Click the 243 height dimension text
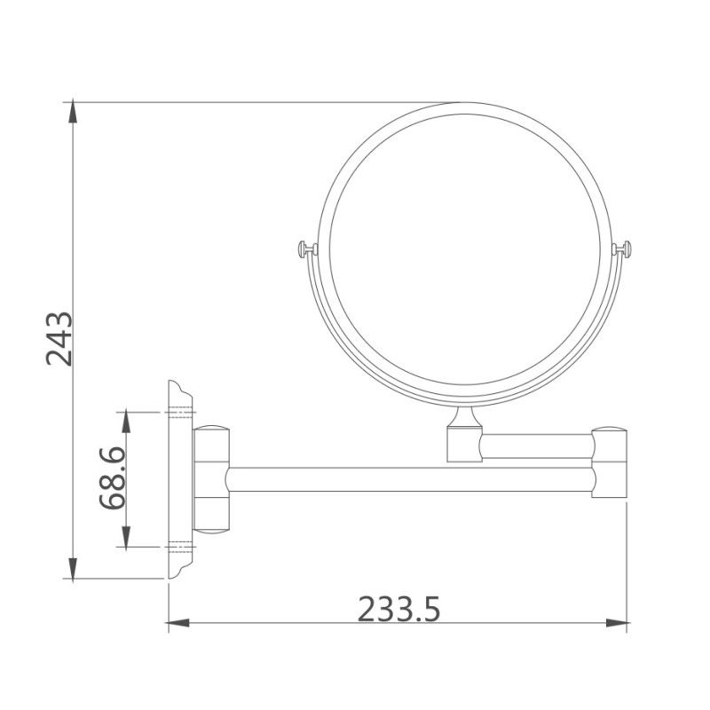coord(59,339)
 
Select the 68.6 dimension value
coord(113,478)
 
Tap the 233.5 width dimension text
coord(398,609)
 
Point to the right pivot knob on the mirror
coord(626,249)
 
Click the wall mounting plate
coord(179,480)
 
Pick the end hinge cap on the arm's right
coord(611,461)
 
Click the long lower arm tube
coord(408,479)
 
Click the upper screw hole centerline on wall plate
coord(179,413)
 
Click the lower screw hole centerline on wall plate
coord(179,545)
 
